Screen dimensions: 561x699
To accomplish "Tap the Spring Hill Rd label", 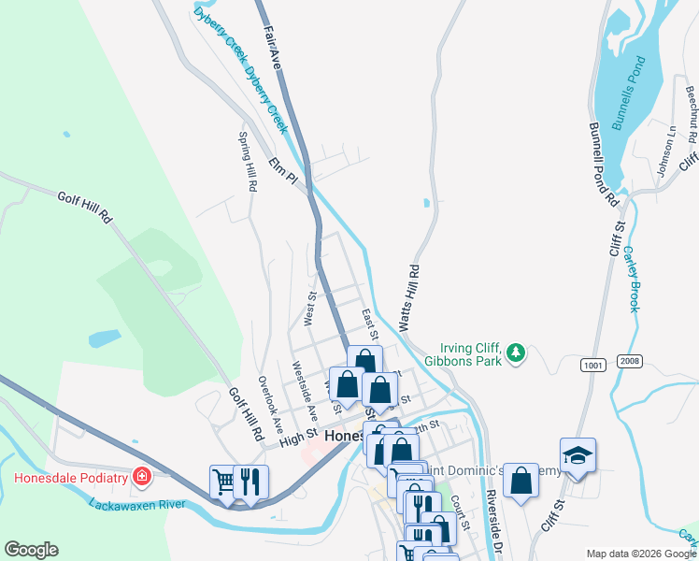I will [x=247, y=161].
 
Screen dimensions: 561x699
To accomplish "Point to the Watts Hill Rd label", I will [x=408, y=296].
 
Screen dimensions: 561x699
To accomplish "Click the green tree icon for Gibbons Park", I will [x=515, y=353].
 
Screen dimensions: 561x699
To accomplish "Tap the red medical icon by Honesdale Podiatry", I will [x=141, y=478].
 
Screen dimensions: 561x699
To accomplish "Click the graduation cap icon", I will [x=578, y=455].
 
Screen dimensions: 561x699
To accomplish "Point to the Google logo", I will [x=31, y=550].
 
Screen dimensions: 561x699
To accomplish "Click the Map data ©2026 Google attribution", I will [x=640, y=554].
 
